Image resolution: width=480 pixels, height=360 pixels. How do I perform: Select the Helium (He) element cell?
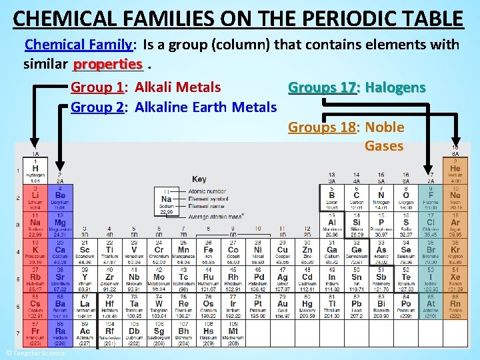[x=455, y=171]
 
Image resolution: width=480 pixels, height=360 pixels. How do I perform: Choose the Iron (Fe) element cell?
[x=208, y=251]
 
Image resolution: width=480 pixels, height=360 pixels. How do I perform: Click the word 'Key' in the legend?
[x=199, y=179]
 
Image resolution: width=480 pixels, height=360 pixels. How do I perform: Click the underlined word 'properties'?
[x=108, y=65]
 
